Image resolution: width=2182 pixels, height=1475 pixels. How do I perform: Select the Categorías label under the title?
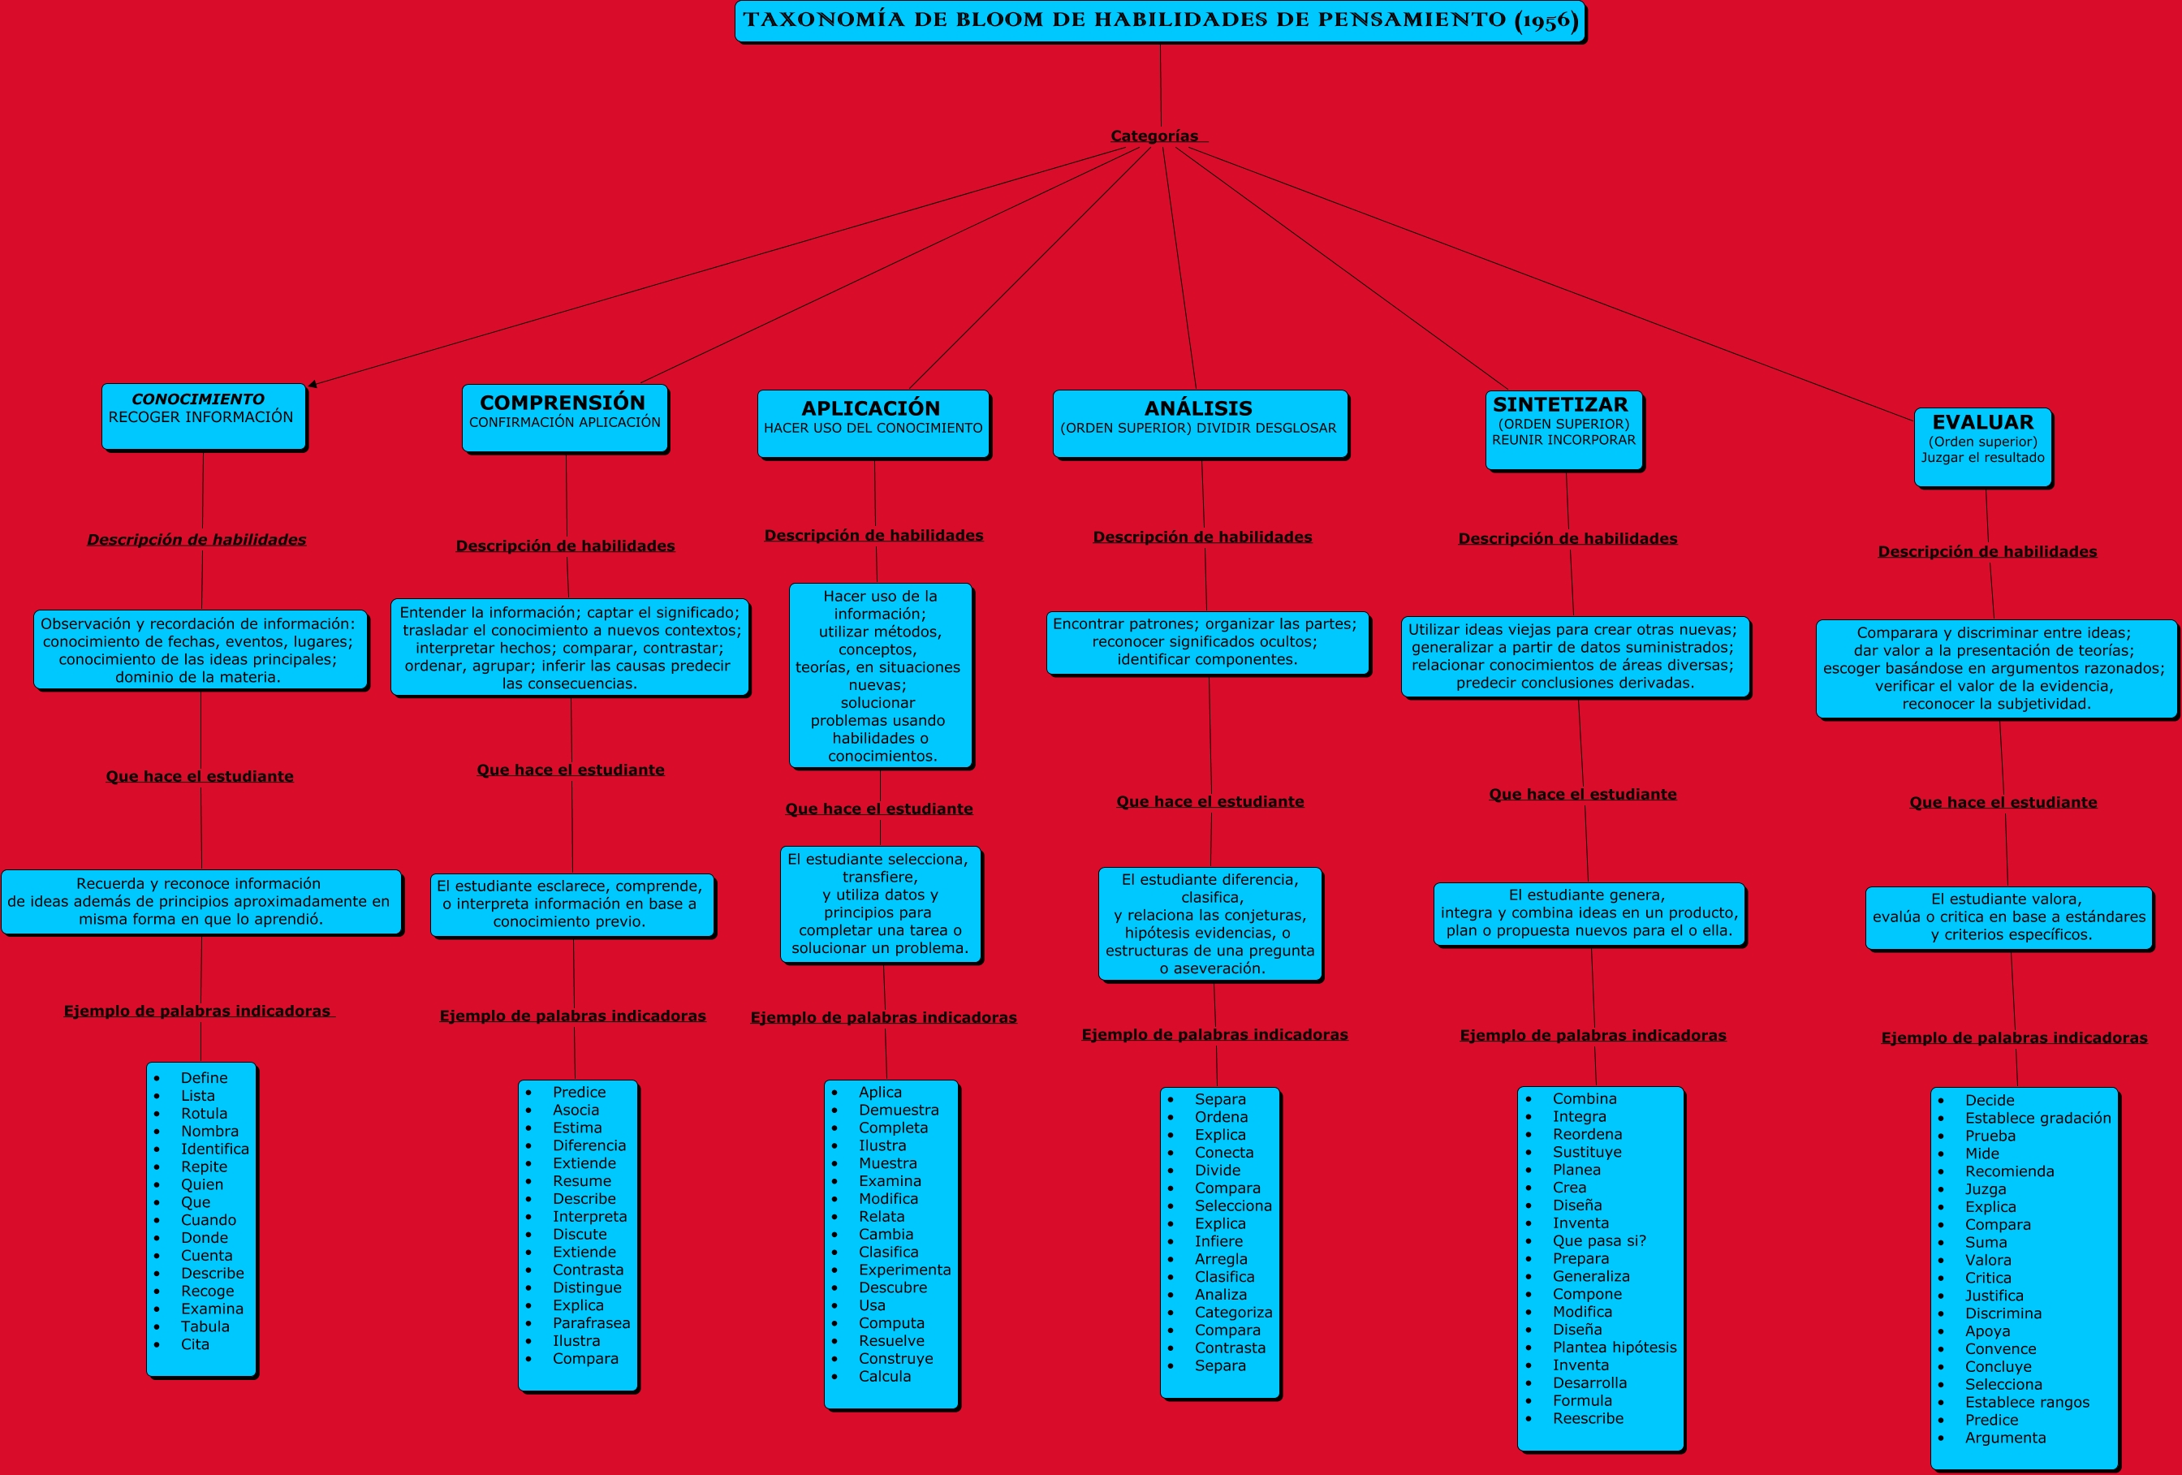(x=1155, y=136)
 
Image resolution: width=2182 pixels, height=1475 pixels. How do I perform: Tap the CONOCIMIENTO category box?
(x=203, y=416)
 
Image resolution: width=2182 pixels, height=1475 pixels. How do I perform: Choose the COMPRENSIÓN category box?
(x=564, y=418)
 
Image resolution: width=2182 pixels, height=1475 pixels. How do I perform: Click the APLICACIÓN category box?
(x=873, y=424)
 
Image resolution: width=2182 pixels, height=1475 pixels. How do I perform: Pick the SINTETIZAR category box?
(x=1563, y=429)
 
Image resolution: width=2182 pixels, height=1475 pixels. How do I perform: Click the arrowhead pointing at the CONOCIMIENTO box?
(x=313, y=384)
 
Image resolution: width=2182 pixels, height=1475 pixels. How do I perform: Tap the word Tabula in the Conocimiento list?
(x=205, y=1326)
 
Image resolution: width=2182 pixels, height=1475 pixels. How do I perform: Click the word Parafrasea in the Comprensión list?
(x=591, y=1323)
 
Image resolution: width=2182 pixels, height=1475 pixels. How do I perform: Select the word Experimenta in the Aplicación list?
(x=904, y=1270)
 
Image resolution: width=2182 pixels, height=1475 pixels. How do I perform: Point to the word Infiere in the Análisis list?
(x=1218, y=1241)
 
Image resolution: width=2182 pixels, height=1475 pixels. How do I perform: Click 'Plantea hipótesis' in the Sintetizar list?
(x=1614, y=1348)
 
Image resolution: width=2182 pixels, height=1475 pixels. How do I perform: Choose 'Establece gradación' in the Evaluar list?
(x=2038, y=1118)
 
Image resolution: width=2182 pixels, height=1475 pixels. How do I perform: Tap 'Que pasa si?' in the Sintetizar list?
(x=1599, y=1240)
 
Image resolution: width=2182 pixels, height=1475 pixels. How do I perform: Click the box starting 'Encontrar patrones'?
(x=1206, y=642)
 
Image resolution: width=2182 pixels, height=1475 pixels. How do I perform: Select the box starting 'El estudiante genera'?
(x=1589, y=912)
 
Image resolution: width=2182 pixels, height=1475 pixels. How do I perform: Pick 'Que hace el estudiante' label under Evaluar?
(x=2003, y=803)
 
